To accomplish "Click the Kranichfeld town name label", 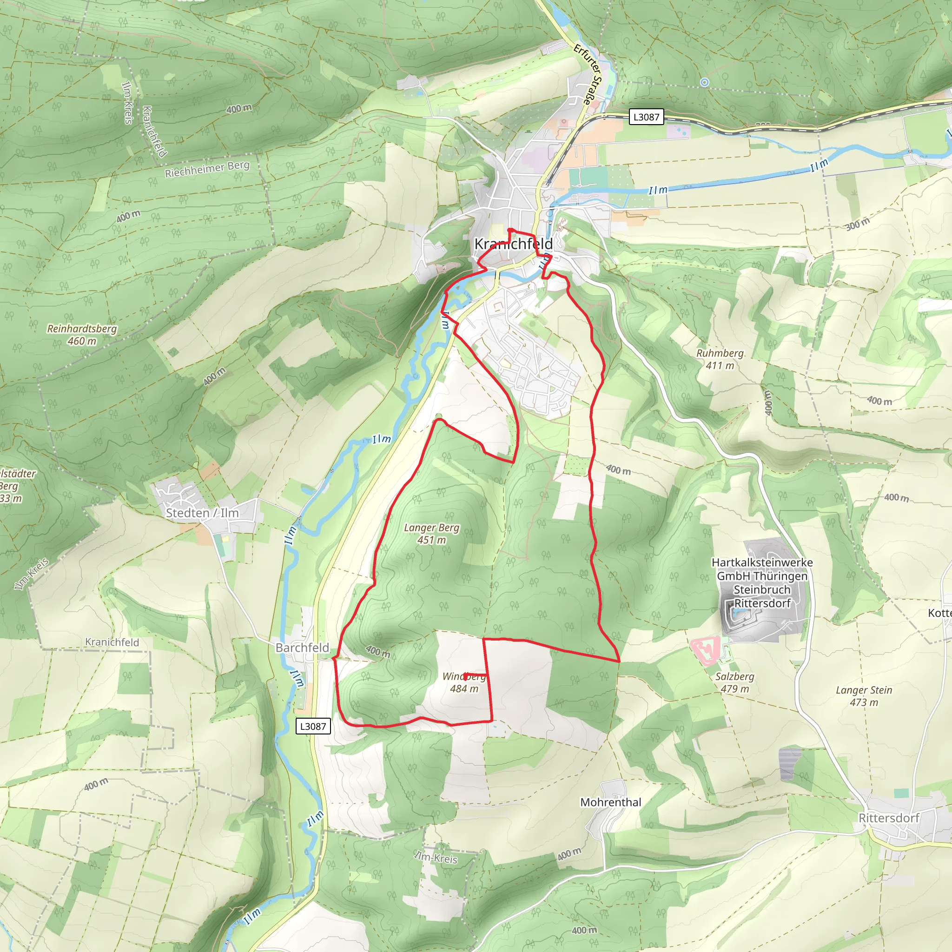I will click(x=513, y=244).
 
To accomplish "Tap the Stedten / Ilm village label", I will click(x=202, y=513).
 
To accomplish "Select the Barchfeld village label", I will click(x=302, y=648).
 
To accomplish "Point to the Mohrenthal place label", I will click(x=610, y=802).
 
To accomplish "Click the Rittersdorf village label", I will click(x=888, y=818).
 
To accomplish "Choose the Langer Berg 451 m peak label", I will click(x=431, y=534).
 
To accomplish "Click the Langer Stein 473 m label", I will click(x=863, y=696).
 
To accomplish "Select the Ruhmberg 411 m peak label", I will click(x=720, y=359).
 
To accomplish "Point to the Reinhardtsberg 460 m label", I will click(x=82, y=335).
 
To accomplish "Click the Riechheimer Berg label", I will click(x=207, y=169).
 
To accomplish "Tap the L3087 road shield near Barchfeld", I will click(x=313, y=727).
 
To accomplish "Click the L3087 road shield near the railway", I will click(x=646, y=117).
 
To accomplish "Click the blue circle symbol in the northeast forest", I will click(x=705, y=82).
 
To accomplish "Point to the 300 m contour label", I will click(x=858, y=225).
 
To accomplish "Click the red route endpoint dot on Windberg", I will click(x=466, y=676).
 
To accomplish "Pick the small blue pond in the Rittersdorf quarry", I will click(x=736, y=613).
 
